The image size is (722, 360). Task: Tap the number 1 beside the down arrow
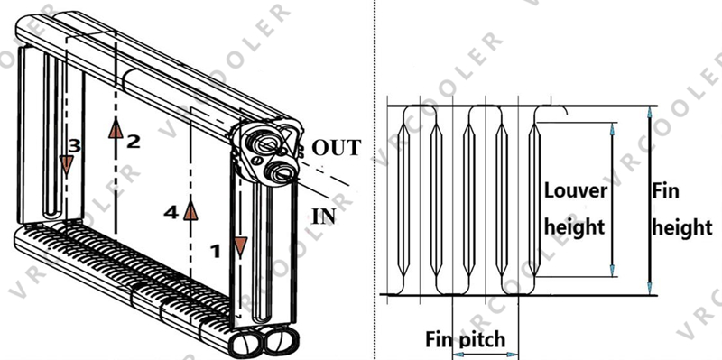click(214, 253)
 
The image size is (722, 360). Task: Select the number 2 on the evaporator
click(134, 141)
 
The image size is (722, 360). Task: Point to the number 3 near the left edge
click(75, 144)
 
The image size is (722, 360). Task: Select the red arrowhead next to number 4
click(190, 210)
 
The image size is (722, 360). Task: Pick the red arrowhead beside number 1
click(240, 245)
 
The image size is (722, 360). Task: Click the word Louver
click(575, 192)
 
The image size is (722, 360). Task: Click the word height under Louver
click(574, 226)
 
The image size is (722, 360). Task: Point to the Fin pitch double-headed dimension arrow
click(486, 355)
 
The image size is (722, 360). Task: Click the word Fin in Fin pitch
click(442, 340)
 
